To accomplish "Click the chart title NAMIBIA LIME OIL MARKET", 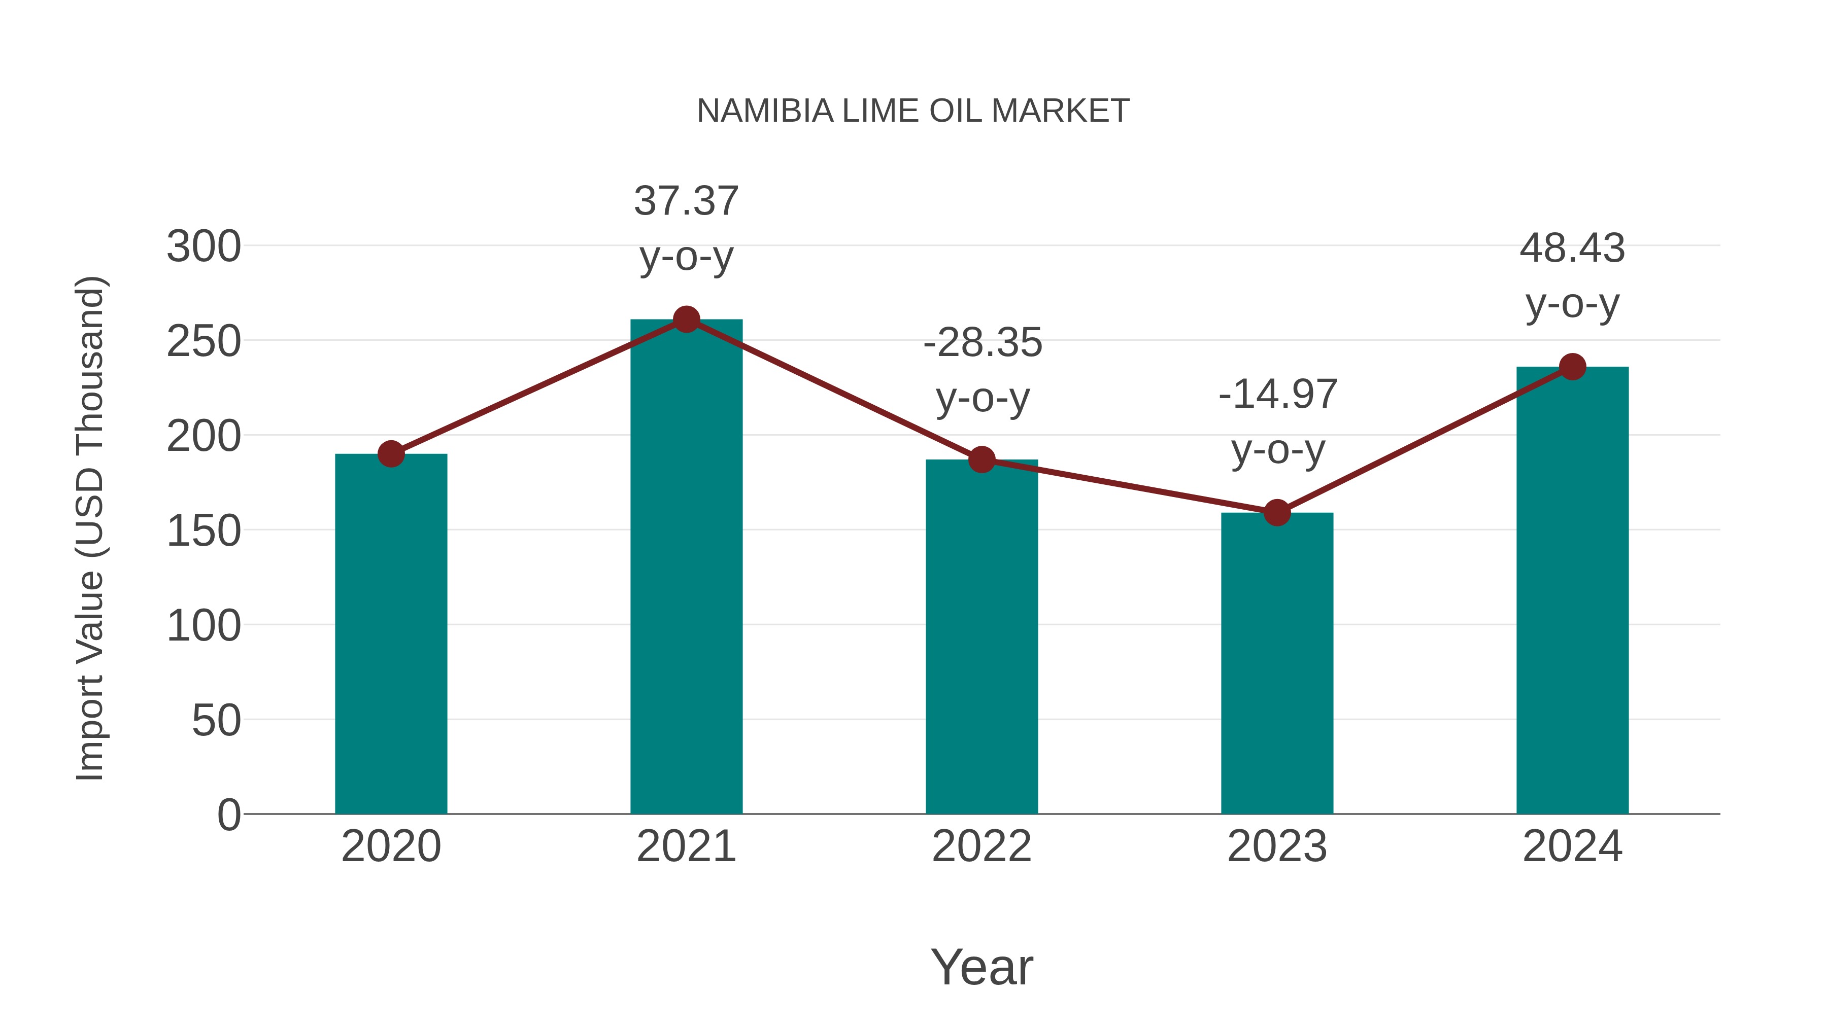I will pos(913,111).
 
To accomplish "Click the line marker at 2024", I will pos(1572,367).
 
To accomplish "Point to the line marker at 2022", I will pos(982,460).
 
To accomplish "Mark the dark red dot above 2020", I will pos(391,453).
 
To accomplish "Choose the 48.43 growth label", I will pos(1572,249).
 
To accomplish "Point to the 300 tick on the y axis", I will pos(204,247).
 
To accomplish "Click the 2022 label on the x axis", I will pos(982,846).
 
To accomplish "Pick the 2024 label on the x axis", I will pos(1572,846).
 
